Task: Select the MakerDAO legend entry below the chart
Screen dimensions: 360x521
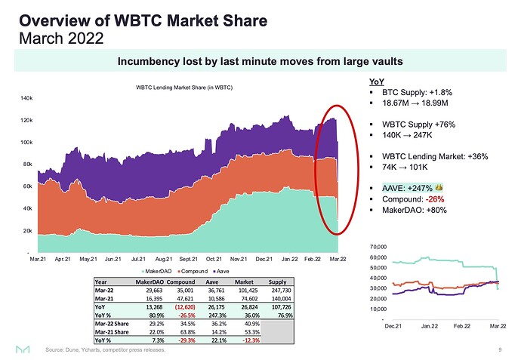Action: tap(156, 270)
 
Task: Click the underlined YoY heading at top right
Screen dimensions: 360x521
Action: tap(376, 82)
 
